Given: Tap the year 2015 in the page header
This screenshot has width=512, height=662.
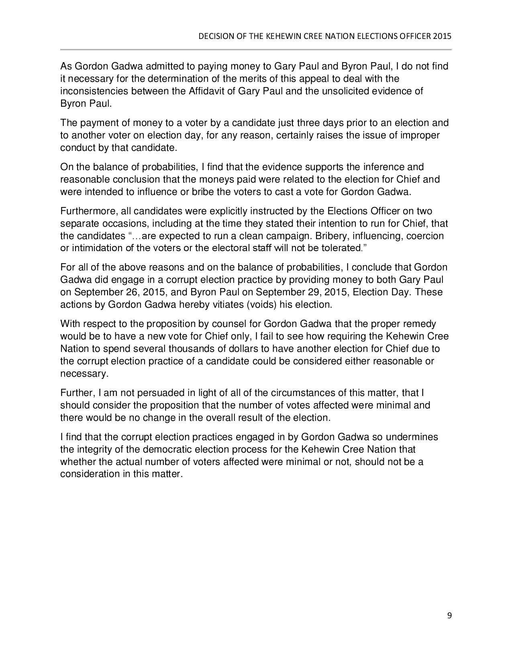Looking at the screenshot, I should click(x=443, y=36).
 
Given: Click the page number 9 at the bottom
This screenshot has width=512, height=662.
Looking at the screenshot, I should click(x=449, y=615).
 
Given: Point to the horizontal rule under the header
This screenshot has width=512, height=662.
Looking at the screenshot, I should click(x=256, y=50).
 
